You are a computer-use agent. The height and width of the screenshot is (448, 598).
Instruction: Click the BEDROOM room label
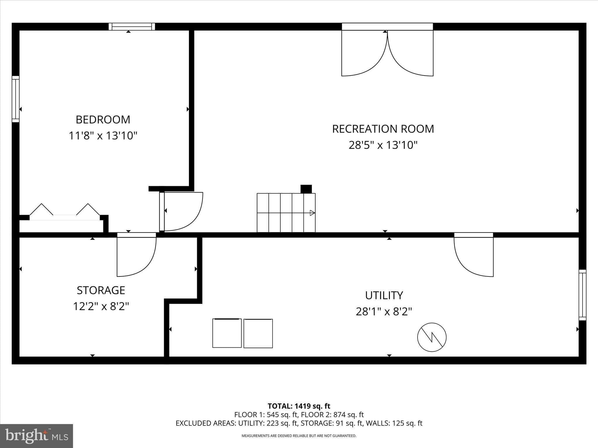[103, 120]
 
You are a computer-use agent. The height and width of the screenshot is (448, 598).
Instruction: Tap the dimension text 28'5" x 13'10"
[383, 145]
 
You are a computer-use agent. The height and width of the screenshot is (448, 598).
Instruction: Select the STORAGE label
[101, 290]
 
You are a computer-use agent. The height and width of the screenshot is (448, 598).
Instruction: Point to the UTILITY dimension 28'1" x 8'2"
[384, 311]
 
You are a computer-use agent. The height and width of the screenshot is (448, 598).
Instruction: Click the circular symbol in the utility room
[432, 337]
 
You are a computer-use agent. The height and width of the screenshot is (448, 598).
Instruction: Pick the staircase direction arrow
[312, 213]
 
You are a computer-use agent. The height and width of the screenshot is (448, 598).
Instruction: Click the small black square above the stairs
[306, 189]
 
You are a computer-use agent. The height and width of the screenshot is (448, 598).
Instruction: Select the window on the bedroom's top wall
[132, 27]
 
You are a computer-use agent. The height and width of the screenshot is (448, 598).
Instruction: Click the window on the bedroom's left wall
[15, 99]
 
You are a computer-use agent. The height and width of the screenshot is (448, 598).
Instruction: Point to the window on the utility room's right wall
[582, 295]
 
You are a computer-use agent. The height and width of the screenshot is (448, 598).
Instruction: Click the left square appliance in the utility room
[227, 333]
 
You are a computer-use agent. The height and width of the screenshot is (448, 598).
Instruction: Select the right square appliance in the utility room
[258, 333]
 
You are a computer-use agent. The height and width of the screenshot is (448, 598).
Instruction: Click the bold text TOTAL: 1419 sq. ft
[299, 406]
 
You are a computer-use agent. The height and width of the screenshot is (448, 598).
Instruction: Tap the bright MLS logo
[36, 436]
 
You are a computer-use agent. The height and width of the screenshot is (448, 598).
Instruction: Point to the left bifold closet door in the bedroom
[41, 210]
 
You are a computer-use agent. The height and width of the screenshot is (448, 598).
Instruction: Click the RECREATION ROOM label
[383, 129]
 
